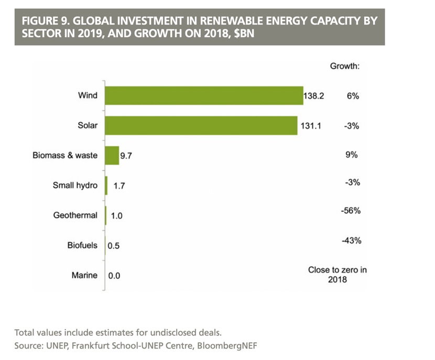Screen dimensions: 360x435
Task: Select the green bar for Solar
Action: pyautogui.click(x=201, y=126)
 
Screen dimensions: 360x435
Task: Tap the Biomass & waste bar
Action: pyautogui.click(x=112, y=156)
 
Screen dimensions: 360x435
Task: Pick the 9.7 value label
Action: pyautogui.click(x=127, y=156)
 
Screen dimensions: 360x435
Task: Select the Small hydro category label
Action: pyautogui.click(x=75, y=185)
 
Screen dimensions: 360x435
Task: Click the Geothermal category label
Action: pyautogui.click(x=75, y=215)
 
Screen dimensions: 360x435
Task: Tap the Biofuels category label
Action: pyautogui.click(x=82, y=245)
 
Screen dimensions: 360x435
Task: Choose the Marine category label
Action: pyautogui.click(x=84, y=275)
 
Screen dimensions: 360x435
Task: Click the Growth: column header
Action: pyautogui.click(x=344, y=67)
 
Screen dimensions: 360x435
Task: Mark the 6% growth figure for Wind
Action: pyautogui.click(x=352, y=96)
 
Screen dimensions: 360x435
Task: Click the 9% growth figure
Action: pyautogui.click(x=351, y=155)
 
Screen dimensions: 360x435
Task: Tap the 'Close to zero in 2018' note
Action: pyautogui.click(x=338, y=275)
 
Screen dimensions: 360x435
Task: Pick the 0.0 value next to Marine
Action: pyautogui.click(x=114, y=275)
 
